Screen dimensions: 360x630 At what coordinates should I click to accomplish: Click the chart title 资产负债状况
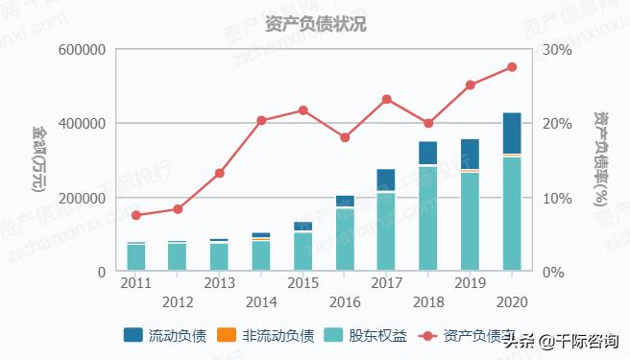[315, 23]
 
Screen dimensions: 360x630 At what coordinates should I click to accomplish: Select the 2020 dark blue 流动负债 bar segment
[512, 133]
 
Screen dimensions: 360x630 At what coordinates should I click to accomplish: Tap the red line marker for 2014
[261, 121]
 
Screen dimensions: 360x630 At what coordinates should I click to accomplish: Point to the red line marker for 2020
[512, 67]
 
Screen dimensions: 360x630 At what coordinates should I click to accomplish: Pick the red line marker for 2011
[136, 215]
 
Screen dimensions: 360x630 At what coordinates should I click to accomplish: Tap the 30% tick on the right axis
[557, 50]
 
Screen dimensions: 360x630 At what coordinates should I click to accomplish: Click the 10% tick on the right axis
[557, 199]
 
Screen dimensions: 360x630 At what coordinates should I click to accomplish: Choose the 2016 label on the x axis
[345, 301]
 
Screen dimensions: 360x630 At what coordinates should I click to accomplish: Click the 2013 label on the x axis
[219, 283]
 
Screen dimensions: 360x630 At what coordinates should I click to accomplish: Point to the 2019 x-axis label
[470, 283]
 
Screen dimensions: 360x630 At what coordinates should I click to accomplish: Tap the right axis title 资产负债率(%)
[600, 159]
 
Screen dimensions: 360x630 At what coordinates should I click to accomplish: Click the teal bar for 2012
[178, 256]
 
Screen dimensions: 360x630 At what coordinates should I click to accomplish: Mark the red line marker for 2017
[387, 99]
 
